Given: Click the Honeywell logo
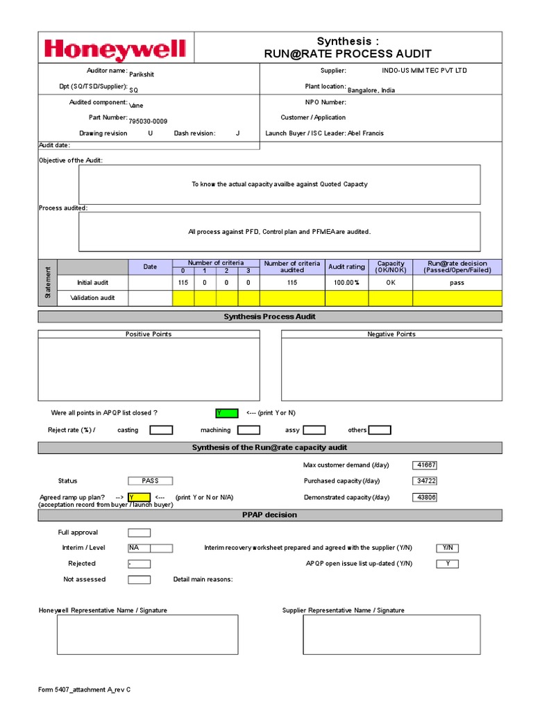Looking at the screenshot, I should click(115, 49).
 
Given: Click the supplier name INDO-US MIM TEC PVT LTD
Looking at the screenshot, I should click(425, 71).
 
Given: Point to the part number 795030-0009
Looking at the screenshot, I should click(149, 121).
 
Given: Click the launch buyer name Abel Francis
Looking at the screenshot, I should click(365, 133).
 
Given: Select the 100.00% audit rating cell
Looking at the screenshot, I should click(346, 283).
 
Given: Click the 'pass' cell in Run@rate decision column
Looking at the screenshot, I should click(457, 283).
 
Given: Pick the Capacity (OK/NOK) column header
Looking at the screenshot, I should click(391, 267).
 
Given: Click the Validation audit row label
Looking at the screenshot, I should click(92, 298).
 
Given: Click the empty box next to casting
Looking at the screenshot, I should click(161, 430).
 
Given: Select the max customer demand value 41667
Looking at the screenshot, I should click(425, 465).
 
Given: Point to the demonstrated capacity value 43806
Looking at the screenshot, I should click(425, 497).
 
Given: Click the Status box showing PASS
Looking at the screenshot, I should click(150, 480).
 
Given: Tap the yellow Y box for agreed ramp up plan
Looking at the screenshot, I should click(139, 497).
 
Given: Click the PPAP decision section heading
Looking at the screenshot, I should click(269, 515).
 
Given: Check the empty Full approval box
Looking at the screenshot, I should click(139, 533).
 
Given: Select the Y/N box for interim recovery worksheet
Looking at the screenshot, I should click(447, 548).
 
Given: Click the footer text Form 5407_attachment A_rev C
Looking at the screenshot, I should click(84, 689).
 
